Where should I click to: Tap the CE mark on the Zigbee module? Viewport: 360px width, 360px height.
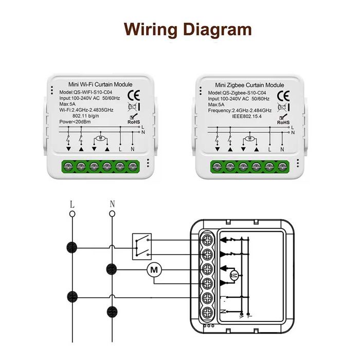(x=283, y=96)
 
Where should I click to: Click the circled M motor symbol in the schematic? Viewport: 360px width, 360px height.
(x=154, y=268)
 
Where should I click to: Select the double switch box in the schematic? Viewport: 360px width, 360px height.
(x=141, y=246)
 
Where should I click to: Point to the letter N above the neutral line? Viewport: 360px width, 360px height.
(x=112, y=204)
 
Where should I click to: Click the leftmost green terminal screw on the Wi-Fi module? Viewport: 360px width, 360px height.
(x=68, y=166)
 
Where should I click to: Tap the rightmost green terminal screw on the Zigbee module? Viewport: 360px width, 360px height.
(x=282, y=166)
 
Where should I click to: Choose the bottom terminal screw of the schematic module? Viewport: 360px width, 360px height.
(x=209, y=312)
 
